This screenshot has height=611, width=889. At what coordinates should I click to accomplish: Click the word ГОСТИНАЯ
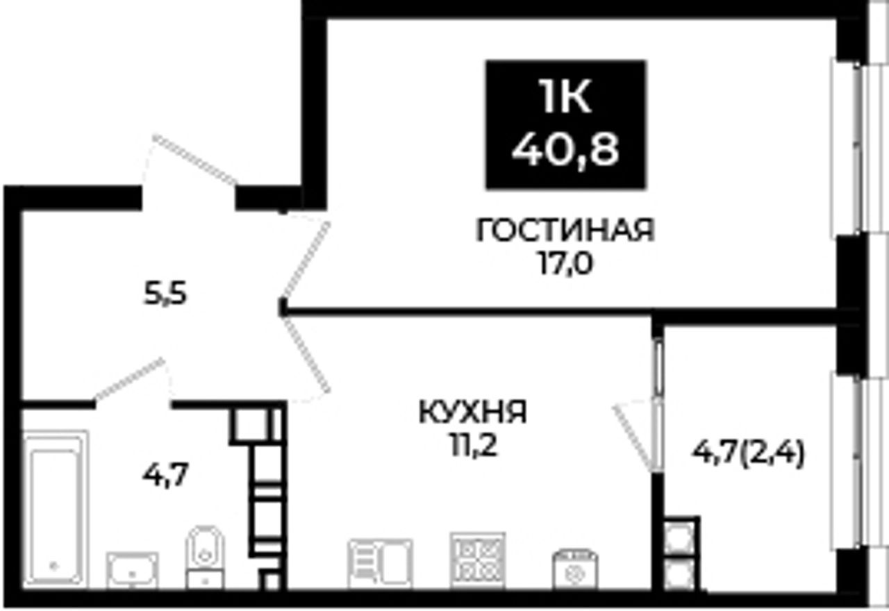tap(565, 231)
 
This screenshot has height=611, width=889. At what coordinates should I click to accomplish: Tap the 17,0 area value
tap(565, 264)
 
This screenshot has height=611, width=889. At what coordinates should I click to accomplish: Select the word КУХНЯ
tap(473, 412)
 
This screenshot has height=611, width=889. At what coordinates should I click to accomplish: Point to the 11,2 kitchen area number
tap(473, 447)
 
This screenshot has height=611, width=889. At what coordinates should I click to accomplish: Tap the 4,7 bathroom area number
tap(165, 476)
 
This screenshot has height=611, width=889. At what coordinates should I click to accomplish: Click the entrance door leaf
tap(194, 160)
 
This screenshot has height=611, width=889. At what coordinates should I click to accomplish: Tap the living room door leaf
tap(306, 260)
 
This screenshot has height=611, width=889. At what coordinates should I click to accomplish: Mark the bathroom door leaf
tap(129, 378)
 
